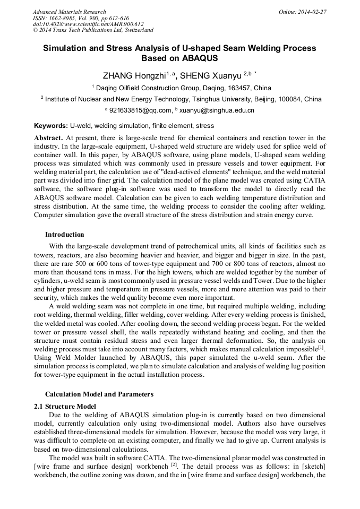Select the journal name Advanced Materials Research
click(69, 12)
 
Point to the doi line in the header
click(88, 24)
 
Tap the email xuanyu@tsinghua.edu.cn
click(217, 110)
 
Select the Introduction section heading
click(64, 235)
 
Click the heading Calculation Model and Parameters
click(99, 394)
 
